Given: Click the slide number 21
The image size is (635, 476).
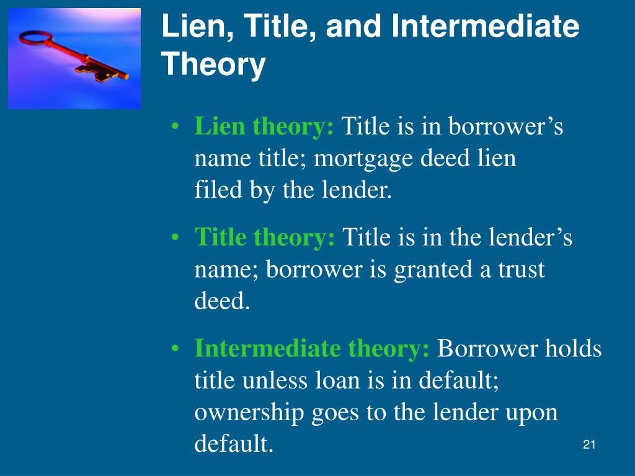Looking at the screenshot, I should pyautogui.click(x=589, y=444).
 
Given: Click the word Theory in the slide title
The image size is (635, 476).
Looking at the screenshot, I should pyautogui.click(x=214, y=64).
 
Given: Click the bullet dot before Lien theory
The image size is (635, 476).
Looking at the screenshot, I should pyautogui.click(x=177, y=128).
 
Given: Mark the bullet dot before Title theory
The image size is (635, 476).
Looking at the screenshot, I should pyautogui.click(x=177, y=238).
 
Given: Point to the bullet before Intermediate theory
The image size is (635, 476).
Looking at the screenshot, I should pyautogui.click(x=177, y=349).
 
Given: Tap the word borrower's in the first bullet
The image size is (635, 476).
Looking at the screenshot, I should pyautogui.click(x=505, y=127).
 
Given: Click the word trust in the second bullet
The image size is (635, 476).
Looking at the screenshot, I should pyautogui.click(x=517, y=270).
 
